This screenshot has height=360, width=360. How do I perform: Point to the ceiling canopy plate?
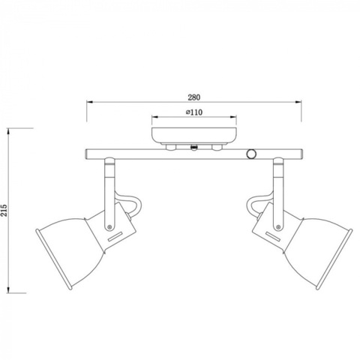click(196, 136)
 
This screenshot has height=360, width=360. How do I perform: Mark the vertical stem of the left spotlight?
click(110, 187)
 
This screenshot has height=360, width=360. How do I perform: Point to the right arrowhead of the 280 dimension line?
click(301, 103)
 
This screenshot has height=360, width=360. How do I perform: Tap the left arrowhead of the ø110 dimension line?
click(154, 118)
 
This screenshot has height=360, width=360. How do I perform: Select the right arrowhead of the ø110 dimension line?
click(237, 118)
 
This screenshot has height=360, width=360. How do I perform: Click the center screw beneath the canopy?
click(196, 148)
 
